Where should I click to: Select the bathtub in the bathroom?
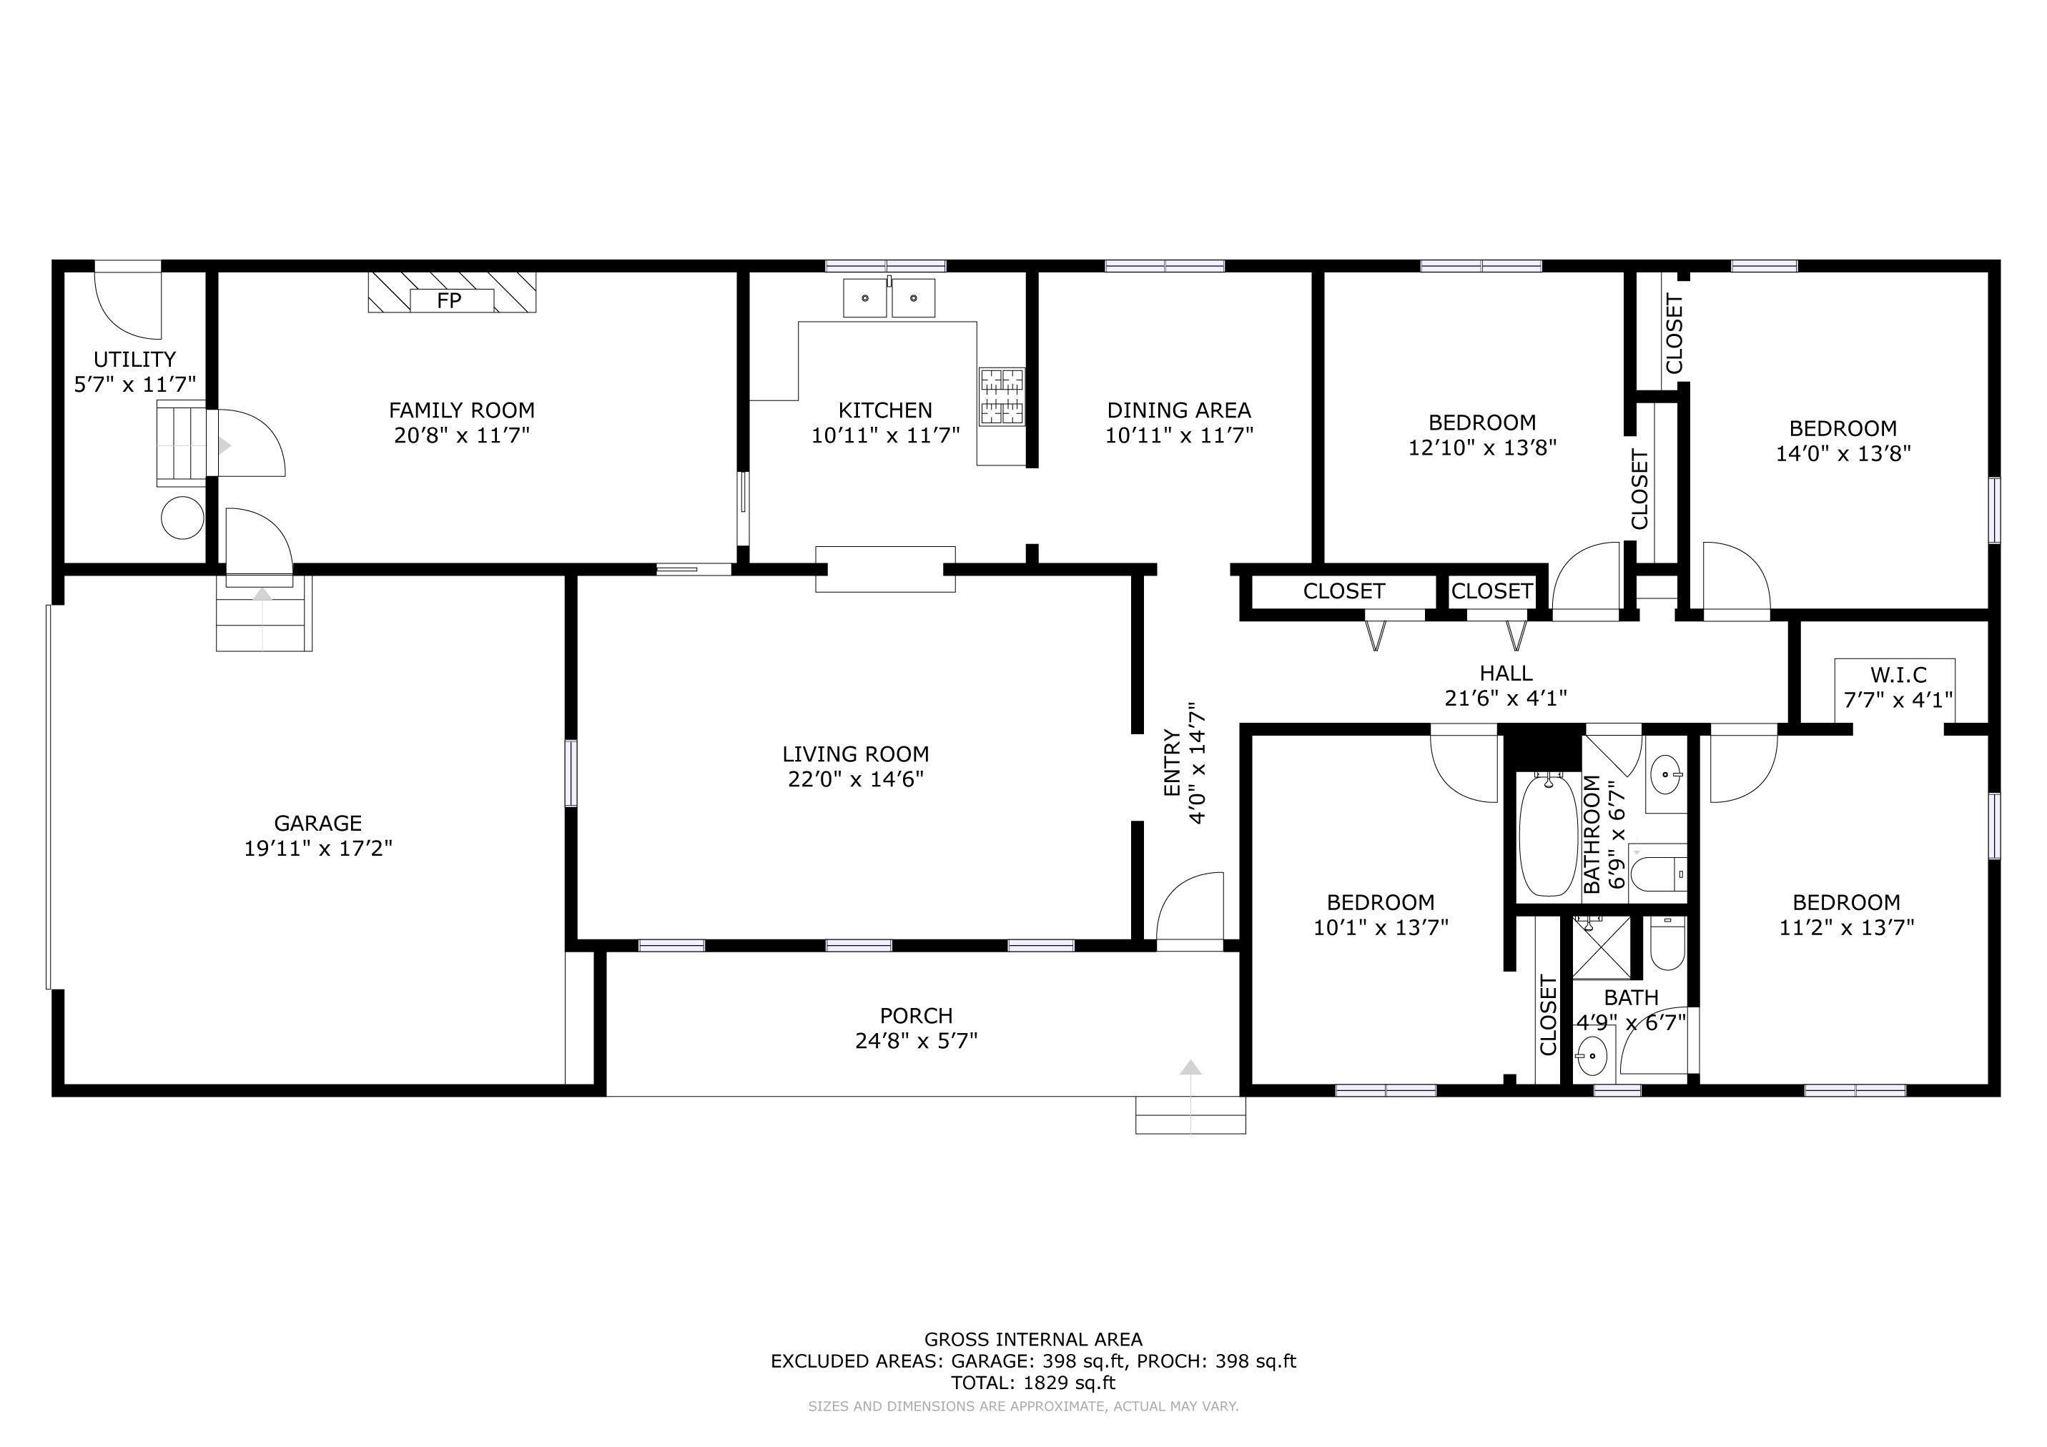[x=1549, y=836]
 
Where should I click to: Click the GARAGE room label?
[x=317, y=823]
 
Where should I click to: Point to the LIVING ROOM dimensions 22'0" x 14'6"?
[x=855, y=779]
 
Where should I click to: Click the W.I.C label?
[x=1898, y=675]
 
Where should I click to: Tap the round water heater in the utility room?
[x=183, y=517]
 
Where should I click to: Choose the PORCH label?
[x=916, y=1015]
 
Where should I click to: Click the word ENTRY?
[x=1171, y=762]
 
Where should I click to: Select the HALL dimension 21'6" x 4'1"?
[x=1506, y=698]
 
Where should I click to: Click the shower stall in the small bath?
[x=1600, y=946]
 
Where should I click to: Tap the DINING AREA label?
[x=1178, y=410]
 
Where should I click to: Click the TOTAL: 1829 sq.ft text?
[x=1033, y=1383]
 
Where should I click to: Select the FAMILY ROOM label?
[x=462, y=410]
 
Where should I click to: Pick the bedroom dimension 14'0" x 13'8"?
[x=1843, y=453]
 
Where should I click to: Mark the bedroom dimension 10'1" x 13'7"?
[x=1380, y=927]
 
